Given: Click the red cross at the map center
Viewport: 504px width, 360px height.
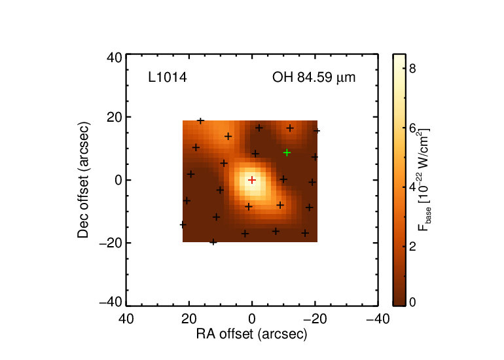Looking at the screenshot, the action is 252,180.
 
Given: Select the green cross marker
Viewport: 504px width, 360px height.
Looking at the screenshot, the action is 287,153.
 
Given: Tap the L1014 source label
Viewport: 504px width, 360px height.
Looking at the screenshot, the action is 168,77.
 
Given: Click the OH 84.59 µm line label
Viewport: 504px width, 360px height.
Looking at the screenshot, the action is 314,78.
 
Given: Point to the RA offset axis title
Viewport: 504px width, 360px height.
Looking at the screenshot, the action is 252,334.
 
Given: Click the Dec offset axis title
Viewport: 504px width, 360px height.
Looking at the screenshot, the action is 83,180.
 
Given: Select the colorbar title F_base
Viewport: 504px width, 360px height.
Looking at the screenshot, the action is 424,180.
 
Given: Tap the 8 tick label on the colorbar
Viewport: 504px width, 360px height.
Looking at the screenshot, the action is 412,68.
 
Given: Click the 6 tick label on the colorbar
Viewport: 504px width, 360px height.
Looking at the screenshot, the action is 412,128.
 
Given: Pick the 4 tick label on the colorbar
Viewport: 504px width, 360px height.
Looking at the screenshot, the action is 412,187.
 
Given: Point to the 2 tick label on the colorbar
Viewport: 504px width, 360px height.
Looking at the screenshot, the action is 412,246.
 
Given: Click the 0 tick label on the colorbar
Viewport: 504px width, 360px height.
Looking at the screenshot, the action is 412,302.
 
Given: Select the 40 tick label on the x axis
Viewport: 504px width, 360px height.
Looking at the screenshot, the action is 126,319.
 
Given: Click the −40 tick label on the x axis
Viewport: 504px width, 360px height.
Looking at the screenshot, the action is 378,319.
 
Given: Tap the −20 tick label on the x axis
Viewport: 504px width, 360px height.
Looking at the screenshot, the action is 315,319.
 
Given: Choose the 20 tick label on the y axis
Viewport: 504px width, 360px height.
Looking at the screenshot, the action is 115,117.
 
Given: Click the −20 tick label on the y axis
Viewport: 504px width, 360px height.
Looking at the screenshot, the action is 111,243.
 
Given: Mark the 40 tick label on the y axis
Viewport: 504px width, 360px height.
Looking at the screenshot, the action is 115,58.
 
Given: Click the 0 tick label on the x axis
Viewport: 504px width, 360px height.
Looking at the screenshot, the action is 252,319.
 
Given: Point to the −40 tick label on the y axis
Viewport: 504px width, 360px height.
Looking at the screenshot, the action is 111,302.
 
